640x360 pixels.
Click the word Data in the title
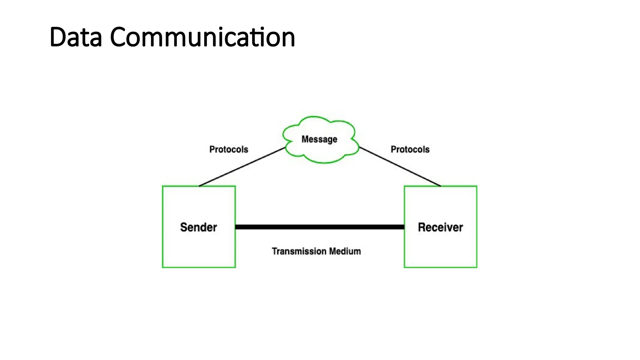(76, 37)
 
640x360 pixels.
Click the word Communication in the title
(202, 37)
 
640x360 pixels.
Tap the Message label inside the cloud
(319, 139)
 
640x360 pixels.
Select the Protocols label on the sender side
(228, 149)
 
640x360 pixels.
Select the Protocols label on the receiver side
(410, 149)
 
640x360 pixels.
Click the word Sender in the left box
(198, 227)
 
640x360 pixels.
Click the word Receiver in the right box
(440, 227)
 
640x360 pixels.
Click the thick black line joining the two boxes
(319, 227)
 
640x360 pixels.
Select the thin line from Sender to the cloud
(242, 167)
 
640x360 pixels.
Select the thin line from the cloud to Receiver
(400, 167)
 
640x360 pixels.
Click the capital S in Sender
(183, 227)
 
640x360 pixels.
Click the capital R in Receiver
(422, 227)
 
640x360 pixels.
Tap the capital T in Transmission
(274, 251)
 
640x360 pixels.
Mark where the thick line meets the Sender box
(236, 227)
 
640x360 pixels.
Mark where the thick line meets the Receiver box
(404, 227)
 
